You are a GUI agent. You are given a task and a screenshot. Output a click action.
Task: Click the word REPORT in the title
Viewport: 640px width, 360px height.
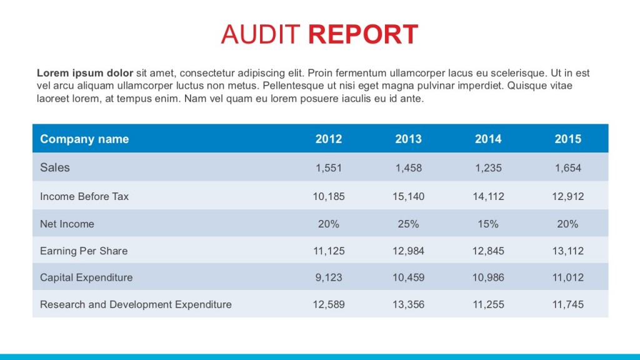point(363,34)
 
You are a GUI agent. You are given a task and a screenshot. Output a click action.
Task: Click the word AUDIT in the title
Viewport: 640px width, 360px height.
point(261,34)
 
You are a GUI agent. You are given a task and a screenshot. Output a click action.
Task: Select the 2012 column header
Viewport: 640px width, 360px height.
point(329,139)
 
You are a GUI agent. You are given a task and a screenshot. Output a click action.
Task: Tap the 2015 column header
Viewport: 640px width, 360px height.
point(567,139)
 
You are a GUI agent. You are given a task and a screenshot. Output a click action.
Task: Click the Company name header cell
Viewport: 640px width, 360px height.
point(84,139)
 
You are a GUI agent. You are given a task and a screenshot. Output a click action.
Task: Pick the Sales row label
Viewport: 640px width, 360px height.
point(55,167)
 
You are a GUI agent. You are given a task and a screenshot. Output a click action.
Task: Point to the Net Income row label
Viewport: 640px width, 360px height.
point(67,224)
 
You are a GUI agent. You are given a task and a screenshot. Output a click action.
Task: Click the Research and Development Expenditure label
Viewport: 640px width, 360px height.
point(136,304)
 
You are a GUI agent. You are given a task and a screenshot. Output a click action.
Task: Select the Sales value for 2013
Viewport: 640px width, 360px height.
point(408,167)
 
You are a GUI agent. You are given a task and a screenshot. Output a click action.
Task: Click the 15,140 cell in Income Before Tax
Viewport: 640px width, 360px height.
point(408,196)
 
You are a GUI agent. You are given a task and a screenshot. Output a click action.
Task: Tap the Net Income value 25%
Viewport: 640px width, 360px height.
point(408,224)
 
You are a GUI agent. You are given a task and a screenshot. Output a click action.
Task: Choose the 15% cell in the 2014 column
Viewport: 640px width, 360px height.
point(488,224)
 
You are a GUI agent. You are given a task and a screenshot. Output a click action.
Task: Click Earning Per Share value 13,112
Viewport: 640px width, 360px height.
point(567,251)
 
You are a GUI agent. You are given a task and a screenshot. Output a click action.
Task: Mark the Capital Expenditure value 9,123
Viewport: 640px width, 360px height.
point(329,277)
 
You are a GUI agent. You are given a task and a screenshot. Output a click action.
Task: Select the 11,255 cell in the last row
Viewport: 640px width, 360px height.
point(488,304)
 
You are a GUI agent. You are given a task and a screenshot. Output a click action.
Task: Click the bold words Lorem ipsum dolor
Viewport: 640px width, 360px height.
point(85,73)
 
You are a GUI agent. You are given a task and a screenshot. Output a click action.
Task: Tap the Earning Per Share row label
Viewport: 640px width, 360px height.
point(84,251)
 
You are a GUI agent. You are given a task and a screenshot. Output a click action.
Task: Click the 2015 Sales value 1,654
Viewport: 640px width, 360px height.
point(567,167)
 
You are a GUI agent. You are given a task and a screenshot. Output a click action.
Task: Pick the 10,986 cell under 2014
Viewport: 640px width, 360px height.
point(488,277)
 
